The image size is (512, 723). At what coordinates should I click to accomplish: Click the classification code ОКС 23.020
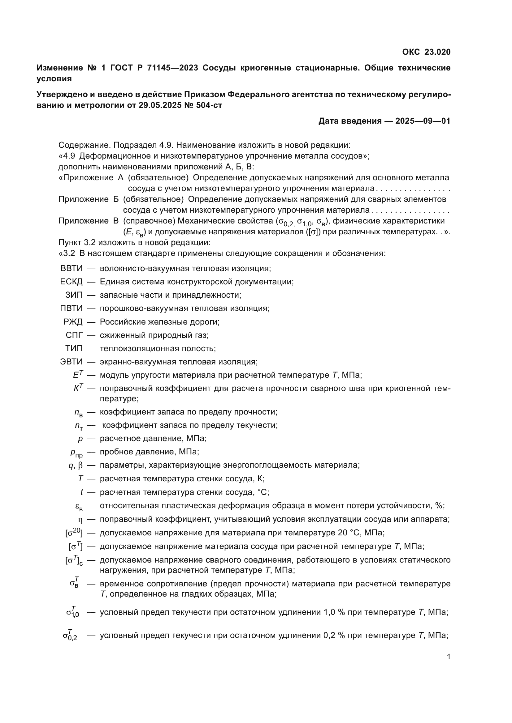pyautogui.click(x=426, y=52)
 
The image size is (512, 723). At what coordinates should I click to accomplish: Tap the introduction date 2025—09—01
pyautogui.click(x=423, y=121)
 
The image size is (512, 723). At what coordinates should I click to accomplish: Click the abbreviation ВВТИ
pyautogui.click(x=71, y=269)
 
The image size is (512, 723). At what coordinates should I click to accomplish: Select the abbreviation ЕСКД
pyautogui.click(x=71, y=282)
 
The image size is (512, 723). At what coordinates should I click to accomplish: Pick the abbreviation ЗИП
pyautogui.click(x=74, y=295)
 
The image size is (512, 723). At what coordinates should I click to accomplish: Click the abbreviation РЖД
pyautogui.click(x=73, y=322)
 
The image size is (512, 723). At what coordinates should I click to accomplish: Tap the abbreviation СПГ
pyautogui.click(x=74, y=335)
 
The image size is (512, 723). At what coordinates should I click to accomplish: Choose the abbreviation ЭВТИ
pyautogui.click(x=71, y=362)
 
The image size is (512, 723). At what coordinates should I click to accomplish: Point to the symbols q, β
pyautogui.click(x=76, y=466)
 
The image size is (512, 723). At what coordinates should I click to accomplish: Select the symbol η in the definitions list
pyautogui.click(x=80, y=520)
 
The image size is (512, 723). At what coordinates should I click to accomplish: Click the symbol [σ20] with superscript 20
pyautogui.click(x=74, y=533)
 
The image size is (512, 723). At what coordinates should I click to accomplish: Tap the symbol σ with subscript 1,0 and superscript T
pyautogui.click(x=72, y=612)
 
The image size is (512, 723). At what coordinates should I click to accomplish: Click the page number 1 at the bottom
pyautogui.click(x=449, y=657)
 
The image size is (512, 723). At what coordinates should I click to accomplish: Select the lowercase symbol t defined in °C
pyautogui.click(x=82, y=492)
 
